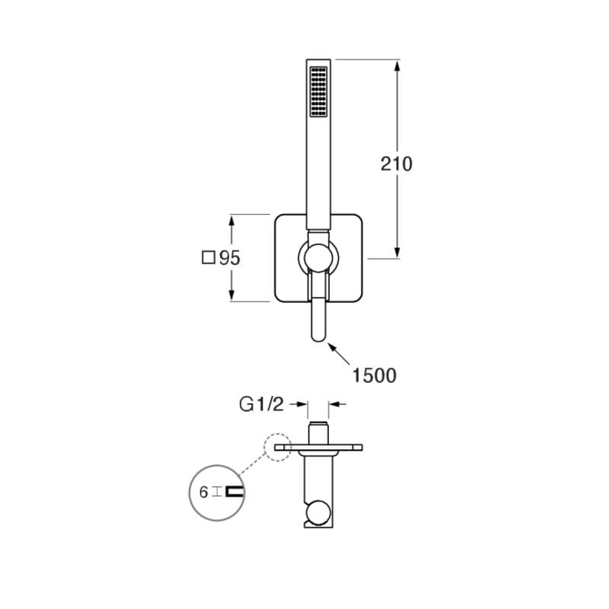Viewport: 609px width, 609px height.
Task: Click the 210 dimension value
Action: pyautogui.click(x=396, y=164)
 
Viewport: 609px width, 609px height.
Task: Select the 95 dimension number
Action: pyautogui.click(x=230, y=258)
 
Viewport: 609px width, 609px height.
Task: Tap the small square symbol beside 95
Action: pyautogui.click(x=209, y=257)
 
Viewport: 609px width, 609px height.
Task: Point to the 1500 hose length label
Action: pyautogui.click(x=374, y=375)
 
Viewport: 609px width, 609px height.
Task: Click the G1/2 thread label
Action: pyautogui.click(x=261, y=404)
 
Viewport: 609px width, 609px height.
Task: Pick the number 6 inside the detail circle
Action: pyautogui.click(x=203, y=493)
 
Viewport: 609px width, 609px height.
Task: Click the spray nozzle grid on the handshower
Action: pyautogui.click(x=318, y=91)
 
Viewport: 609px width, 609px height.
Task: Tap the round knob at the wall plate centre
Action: pyautogui.click(x=318, y=257)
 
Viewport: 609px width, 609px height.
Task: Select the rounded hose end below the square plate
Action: pyautogui.click(x=318, y=320)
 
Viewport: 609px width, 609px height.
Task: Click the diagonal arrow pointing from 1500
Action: pyautogui.click(x=339, y=354)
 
